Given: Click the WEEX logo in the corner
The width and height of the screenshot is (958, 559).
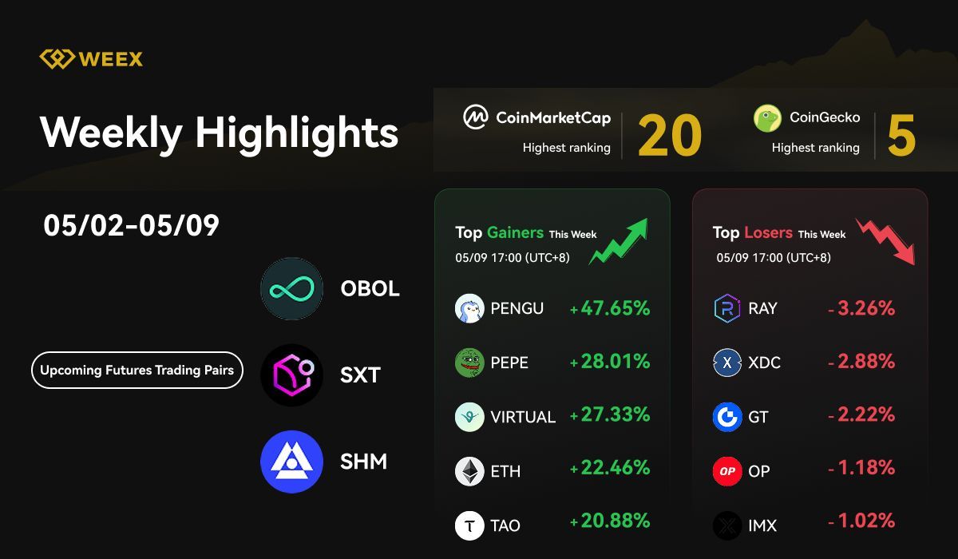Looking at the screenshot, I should tap(91, 59).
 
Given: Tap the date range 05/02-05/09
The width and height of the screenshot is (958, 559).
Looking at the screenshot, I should tap(131, 226).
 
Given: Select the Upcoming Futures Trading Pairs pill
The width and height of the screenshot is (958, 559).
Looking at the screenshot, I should tap(137, 371).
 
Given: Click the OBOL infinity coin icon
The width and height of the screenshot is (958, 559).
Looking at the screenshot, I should tap(291, 288).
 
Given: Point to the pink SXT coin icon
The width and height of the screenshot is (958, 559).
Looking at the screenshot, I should tap(291, 375).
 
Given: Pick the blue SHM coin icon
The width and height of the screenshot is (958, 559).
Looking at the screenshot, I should tap(291, 462).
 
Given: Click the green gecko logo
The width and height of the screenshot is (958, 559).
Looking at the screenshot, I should tap(767, 118).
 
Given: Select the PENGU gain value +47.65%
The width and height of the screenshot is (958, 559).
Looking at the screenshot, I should tap(610, 308).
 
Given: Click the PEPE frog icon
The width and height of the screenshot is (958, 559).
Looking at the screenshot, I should tap(469, 363).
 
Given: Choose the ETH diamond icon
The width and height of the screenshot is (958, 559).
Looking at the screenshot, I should tap(469, 471).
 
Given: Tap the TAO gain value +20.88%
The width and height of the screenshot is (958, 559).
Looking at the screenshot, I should tap(610, 521).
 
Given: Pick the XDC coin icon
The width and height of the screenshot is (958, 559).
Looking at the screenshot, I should tap(726, 363).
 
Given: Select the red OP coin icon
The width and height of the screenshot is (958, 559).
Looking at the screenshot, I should tap(726, 471).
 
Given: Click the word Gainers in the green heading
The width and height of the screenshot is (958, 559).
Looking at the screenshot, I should tap(515, 232).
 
